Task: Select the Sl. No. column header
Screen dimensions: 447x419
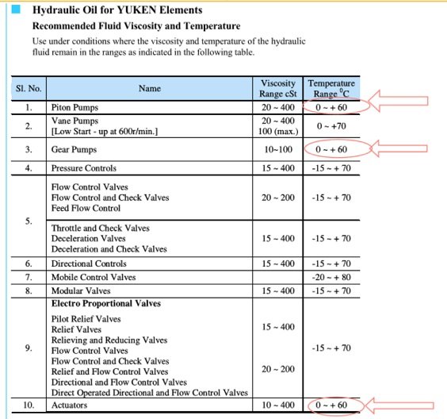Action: (29, 88)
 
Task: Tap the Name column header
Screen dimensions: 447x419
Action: (149, 88)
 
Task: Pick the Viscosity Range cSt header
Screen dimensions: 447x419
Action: (278, 88)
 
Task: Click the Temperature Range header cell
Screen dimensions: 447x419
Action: (331, 88)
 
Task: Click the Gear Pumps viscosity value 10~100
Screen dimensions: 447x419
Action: (278, 148)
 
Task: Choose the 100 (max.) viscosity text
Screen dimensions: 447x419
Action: (278, 131)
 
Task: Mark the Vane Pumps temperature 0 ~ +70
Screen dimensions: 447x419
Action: (331, 125)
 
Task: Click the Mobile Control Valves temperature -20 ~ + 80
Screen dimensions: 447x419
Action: (331, 277)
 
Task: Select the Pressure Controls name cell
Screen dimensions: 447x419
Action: (83, 168)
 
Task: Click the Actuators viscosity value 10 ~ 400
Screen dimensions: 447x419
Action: (278, 406)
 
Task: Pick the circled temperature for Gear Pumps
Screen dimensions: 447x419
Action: (331, 148)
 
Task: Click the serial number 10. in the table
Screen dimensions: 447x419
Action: (29, 406)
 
